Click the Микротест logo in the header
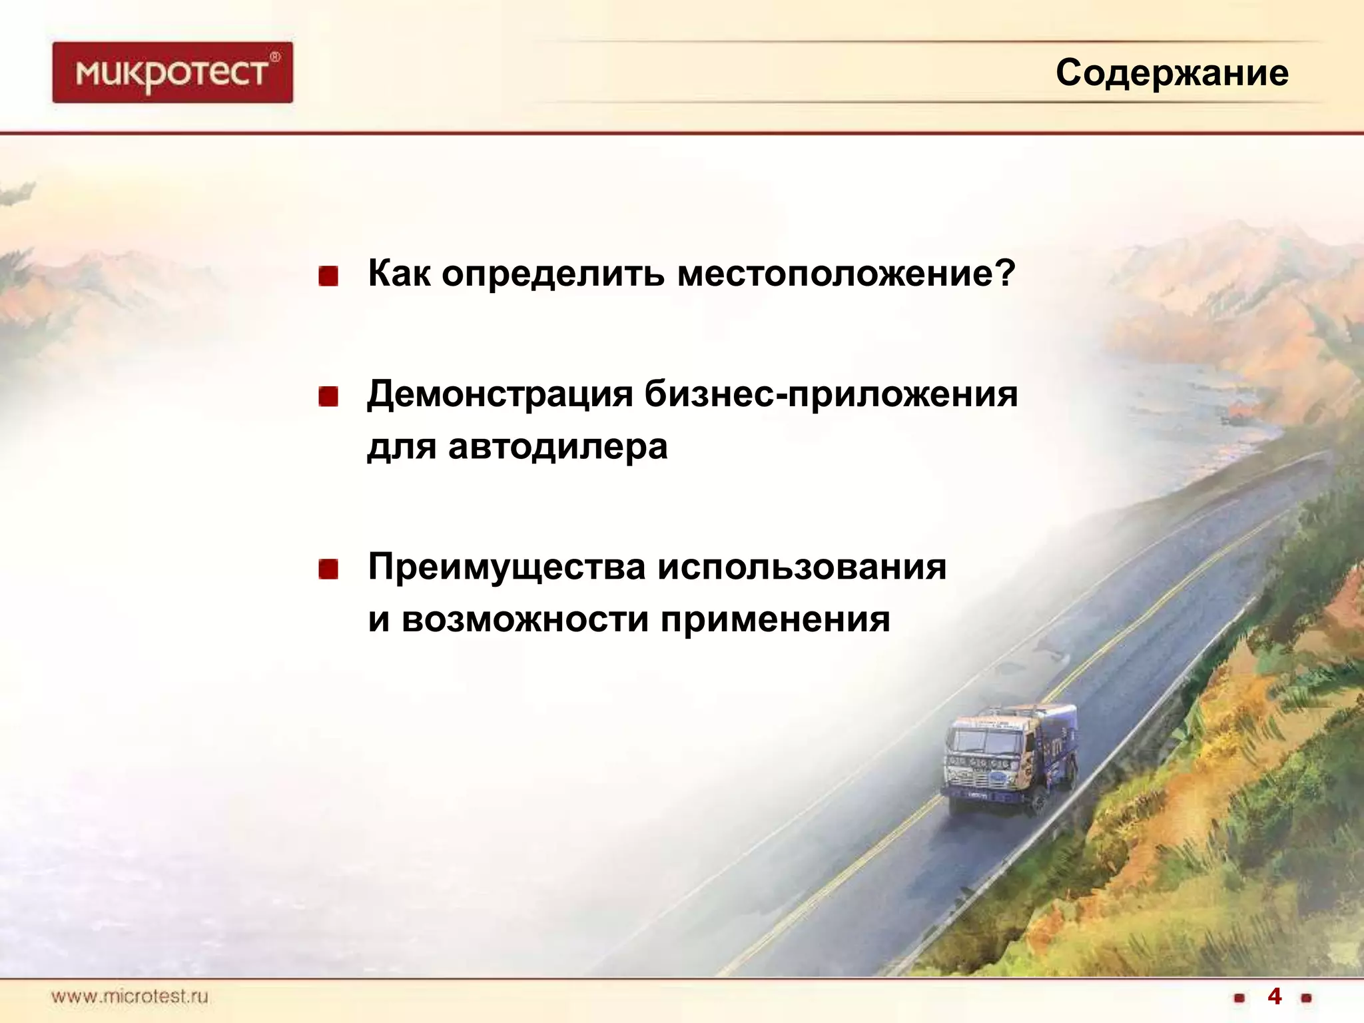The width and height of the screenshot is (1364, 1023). point(172,72)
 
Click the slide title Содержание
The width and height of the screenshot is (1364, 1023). point(1172,73)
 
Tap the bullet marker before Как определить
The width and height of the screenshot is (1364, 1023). point(328,276)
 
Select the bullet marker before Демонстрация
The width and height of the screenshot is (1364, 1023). point(328,397)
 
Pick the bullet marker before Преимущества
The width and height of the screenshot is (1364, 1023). point(328,569)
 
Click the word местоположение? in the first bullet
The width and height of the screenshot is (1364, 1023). point(846,274)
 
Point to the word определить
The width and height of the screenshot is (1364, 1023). point(553,274)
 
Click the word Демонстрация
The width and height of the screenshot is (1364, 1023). point(500,394)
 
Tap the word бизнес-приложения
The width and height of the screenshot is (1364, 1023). point(831,394)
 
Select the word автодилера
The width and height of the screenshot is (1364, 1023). point(557,447)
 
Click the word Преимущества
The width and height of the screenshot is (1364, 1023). point(507,567)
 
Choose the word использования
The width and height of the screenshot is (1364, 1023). point(802,567)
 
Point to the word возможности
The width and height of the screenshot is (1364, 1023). point(525,620)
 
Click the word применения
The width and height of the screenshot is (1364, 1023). point(775,620)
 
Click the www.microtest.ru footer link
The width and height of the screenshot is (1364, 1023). point(130,997)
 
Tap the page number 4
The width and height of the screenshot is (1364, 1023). point(1274,996)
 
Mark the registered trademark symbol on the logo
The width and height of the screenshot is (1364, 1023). point(275,57)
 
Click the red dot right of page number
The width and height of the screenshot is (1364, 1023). point(1306,998)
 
